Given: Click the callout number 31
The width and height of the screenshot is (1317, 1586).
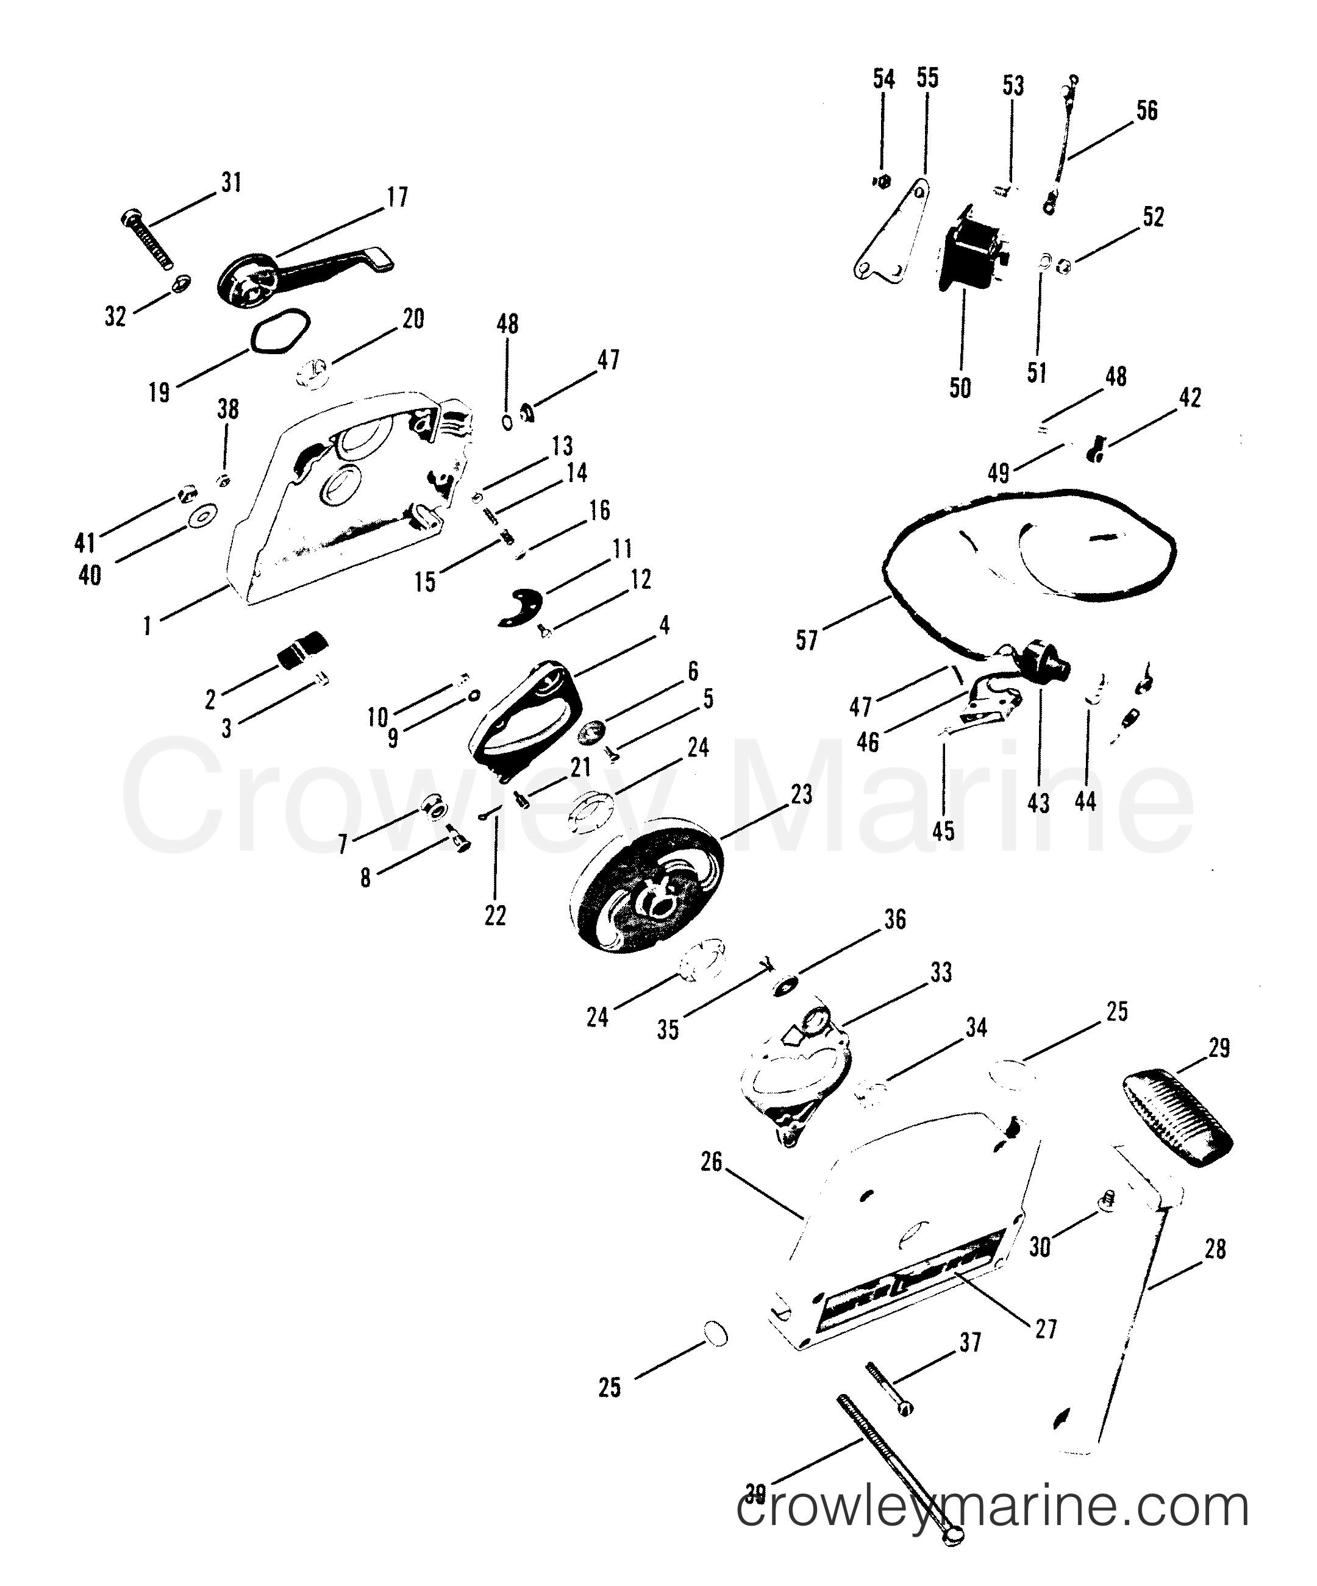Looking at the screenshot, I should point(231,182).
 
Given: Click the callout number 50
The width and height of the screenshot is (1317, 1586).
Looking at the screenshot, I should point(960,388).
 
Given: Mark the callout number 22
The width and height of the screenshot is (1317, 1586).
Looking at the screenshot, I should point(495,916).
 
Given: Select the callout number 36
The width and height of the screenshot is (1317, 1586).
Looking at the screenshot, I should point(894,920).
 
